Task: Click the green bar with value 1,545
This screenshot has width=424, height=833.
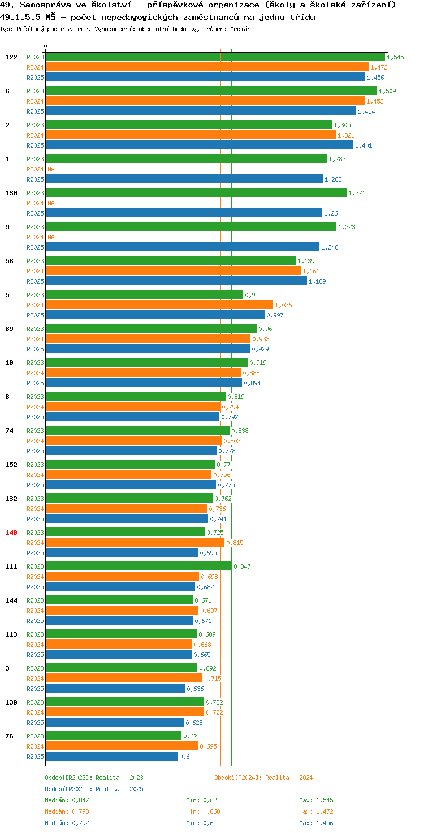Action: tap(215, 57)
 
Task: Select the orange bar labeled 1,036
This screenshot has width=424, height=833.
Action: tap(159, 305)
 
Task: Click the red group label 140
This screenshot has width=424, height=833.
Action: tap(11, 533)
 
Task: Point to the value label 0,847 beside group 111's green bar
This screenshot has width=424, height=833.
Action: tap(242, 566)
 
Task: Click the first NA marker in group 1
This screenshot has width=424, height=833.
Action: tap(51, 169)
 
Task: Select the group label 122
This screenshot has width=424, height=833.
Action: tap(11, 57)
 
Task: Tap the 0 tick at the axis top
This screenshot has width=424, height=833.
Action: tap(45, 46)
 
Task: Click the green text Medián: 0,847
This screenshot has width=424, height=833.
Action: tap(67, 800)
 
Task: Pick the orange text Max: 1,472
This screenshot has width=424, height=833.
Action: tap(316, 811)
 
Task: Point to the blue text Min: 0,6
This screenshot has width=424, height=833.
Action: tap(200, 823)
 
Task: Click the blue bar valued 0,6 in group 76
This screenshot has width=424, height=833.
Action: tap(112, 757)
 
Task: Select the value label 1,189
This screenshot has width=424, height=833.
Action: tap(317, 281)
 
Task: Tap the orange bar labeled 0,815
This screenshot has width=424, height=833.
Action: tap(135, 543)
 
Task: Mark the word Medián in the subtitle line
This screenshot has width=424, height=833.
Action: tap(240, 29)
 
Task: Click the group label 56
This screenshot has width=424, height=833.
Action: tap(9, 261)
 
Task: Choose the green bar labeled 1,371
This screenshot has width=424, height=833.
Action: tap(196, 192)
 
